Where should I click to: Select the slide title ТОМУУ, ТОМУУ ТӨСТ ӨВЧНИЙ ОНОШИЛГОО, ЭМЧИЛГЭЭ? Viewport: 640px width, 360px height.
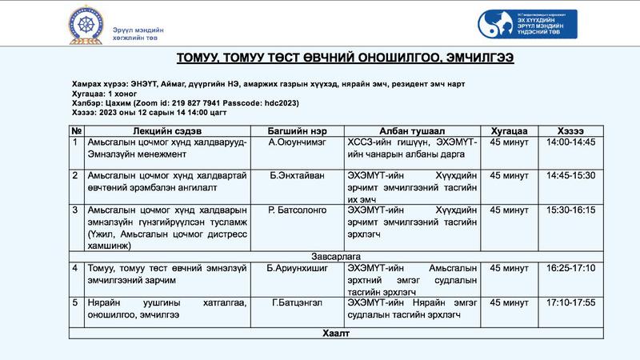[x=345, y=58]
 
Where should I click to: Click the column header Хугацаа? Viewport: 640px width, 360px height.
[x=509, y=130]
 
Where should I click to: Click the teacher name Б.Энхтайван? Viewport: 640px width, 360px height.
[x=297, y=174]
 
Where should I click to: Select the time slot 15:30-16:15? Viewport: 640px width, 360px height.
[x=570, y=210]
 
